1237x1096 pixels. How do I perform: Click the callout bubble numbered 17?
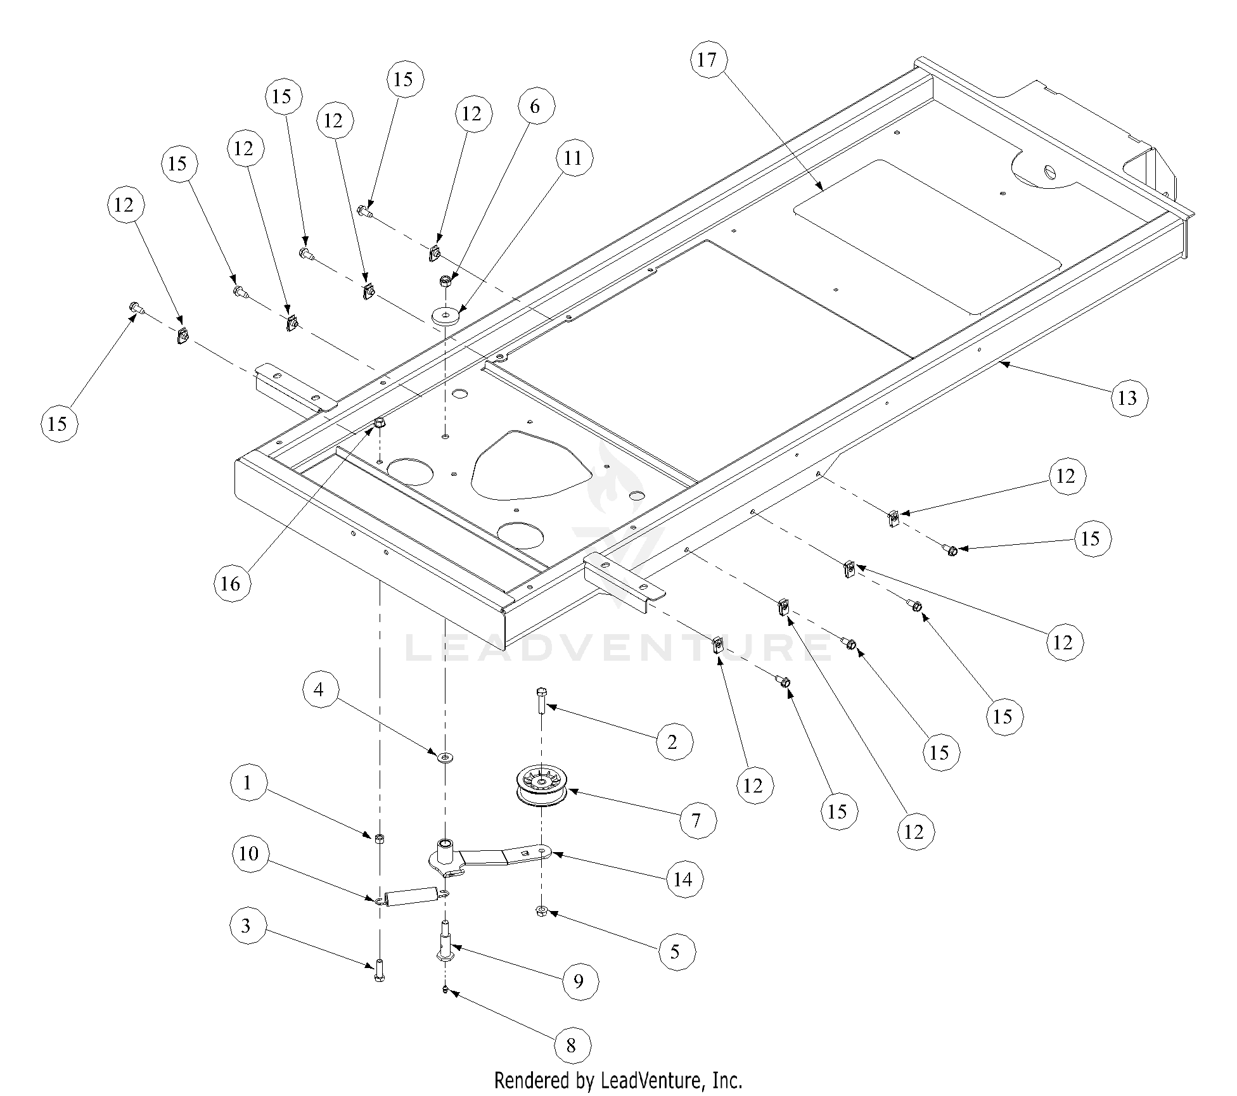coord(707,60)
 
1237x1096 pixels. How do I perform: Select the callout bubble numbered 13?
coord(1128,398)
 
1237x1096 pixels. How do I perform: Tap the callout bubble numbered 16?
coord(231,583)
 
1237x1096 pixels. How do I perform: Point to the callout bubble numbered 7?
coord(697,821)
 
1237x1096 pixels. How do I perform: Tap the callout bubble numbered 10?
coord(249,854)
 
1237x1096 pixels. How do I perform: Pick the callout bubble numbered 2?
coord(673,741)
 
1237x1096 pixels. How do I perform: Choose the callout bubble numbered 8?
coord(572,1045)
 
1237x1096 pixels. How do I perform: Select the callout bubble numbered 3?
coord(247,926)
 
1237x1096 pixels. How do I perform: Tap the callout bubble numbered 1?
coord(247,783)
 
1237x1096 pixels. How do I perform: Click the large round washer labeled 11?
coord(445,315)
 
